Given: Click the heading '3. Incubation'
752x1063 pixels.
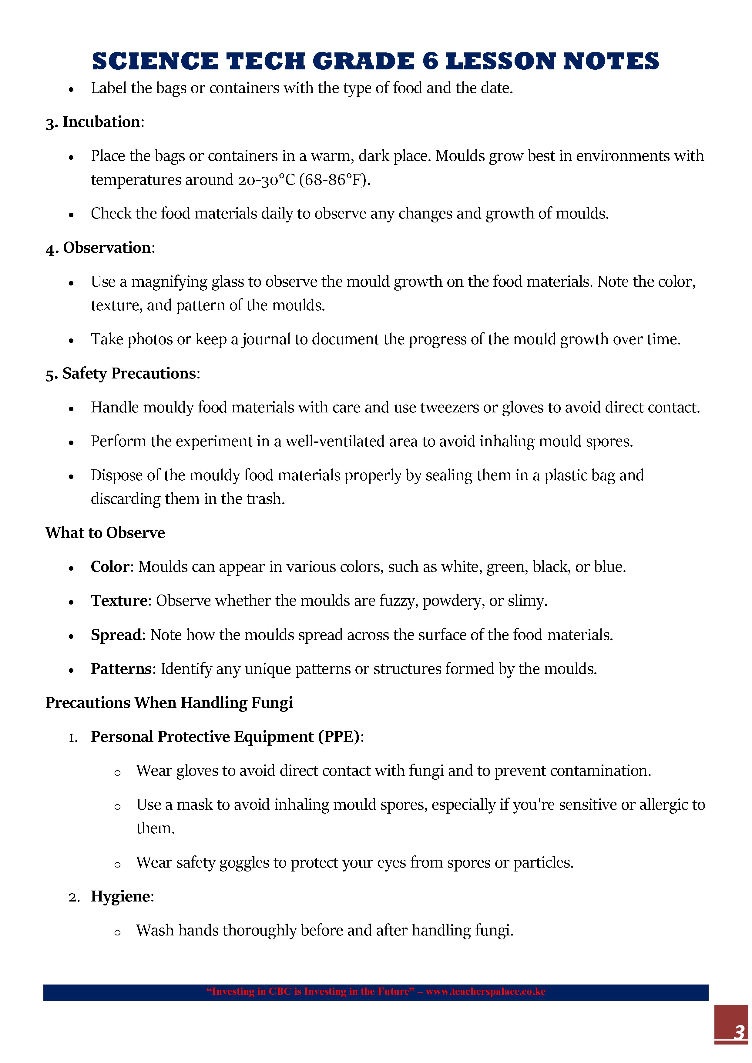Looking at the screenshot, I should [x=95, y=122].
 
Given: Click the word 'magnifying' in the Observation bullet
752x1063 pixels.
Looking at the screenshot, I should [x=169, y=282].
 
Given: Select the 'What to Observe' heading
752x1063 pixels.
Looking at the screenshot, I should [x=105, y=533].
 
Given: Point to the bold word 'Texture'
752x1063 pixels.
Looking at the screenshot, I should [x=119, y=601].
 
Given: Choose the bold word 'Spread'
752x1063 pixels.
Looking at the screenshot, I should [x=116, y=635].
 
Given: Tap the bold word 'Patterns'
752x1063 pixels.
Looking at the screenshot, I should [x=121, y=669].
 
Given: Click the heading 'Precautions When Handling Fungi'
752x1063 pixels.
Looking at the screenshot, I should [x=169, y=703].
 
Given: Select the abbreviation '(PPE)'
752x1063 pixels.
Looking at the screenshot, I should [x=339, y=737].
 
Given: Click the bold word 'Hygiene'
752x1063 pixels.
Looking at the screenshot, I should [x=120, y=896].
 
